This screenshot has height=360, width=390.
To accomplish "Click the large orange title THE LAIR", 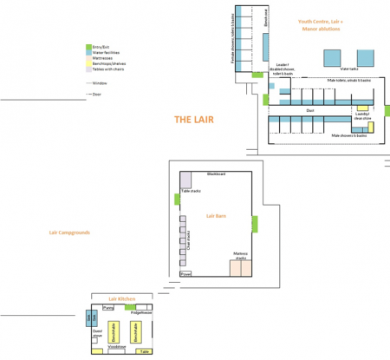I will click(194, 120).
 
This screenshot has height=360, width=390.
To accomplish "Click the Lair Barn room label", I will click(216, 215).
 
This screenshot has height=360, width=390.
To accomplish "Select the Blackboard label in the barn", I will click(216, 174).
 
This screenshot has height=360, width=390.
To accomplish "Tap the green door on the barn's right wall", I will click(255, 224).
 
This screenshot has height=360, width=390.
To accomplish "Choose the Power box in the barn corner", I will click(185, 273).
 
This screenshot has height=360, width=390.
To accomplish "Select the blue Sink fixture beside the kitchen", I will click(90, 319).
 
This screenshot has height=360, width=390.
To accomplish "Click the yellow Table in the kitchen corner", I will click(143, 350).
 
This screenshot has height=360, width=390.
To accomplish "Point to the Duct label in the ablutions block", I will click(309, 110).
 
